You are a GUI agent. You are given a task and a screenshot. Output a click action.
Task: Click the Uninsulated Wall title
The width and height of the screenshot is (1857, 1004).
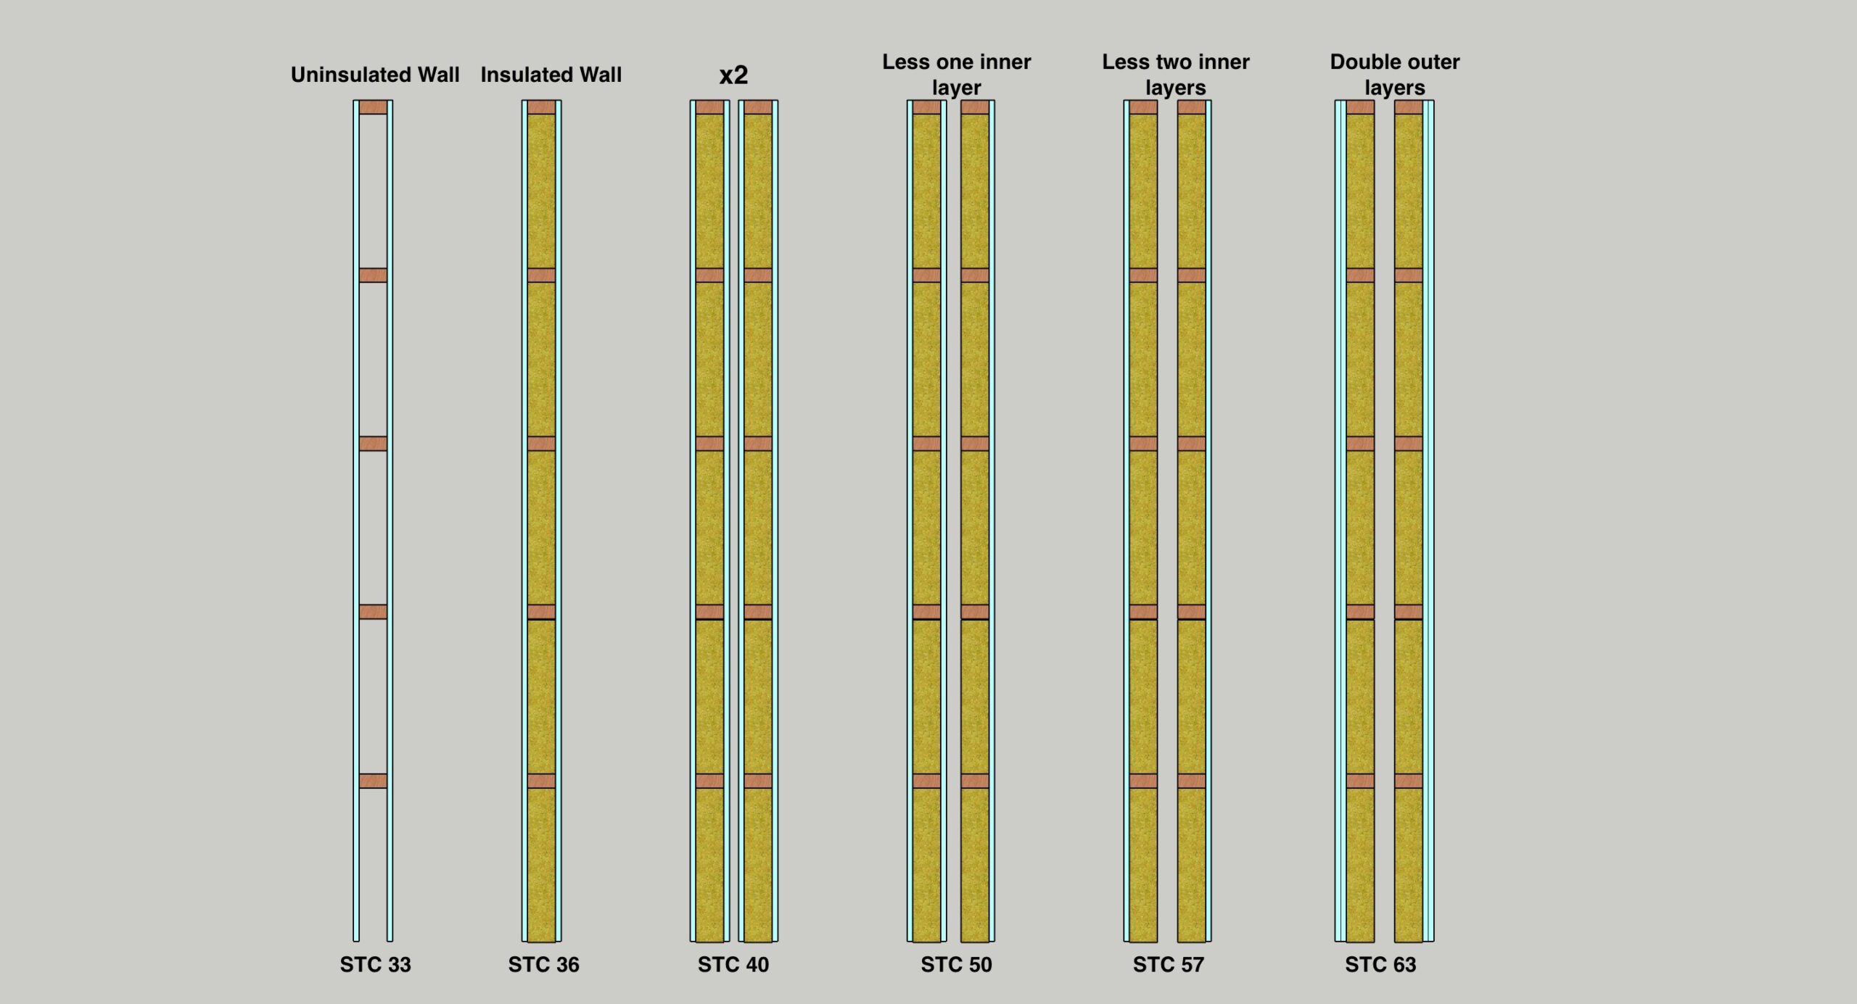point(375,75)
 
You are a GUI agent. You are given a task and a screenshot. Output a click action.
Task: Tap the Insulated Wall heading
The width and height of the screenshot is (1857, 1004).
point(551,75)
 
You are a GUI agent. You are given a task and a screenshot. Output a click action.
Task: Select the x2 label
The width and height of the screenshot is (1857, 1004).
point(733,75)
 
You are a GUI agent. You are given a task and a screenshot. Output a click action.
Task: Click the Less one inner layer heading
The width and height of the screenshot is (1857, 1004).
point(956,74)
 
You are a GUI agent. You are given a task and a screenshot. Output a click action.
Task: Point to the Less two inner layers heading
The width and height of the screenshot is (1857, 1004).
point(1175,74)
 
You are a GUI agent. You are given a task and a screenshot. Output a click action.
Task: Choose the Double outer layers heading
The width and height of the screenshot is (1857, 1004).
point(1394,74)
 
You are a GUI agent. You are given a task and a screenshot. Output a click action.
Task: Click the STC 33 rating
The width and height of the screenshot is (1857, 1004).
point(375,964)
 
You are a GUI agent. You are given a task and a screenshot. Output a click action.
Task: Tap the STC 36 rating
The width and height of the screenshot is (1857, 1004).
point(543,964)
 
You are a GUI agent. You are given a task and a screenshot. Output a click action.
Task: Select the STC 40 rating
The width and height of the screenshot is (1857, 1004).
point(733,964)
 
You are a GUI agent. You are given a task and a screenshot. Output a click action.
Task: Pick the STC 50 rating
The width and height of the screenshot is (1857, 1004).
point(956,964)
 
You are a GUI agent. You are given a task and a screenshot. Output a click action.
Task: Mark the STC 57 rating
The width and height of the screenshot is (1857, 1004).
point(1168,964)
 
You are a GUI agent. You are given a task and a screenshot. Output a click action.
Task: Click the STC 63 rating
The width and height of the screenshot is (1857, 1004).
point(1380,964)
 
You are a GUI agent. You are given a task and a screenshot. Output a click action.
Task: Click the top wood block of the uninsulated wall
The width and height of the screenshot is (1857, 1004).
point(373,107)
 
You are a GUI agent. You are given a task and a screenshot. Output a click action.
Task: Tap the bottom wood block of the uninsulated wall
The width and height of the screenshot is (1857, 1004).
point(373,781)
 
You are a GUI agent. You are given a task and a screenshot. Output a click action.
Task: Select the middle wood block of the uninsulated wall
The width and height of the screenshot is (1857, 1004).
point(373,444)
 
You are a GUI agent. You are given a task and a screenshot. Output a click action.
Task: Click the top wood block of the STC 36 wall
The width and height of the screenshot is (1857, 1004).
point(541,107)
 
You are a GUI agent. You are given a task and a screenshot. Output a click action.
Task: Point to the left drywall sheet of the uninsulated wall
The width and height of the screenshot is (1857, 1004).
point(356,507)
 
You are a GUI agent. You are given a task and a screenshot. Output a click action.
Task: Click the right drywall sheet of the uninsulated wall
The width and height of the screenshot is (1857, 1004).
point(390,507)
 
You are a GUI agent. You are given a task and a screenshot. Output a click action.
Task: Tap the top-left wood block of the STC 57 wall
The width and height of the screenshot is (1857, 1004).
point(1143,107)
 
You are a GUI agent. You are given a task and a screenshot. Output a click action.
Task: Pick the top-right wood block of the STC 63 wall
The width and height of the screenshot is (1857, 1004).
point(1408,107)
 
